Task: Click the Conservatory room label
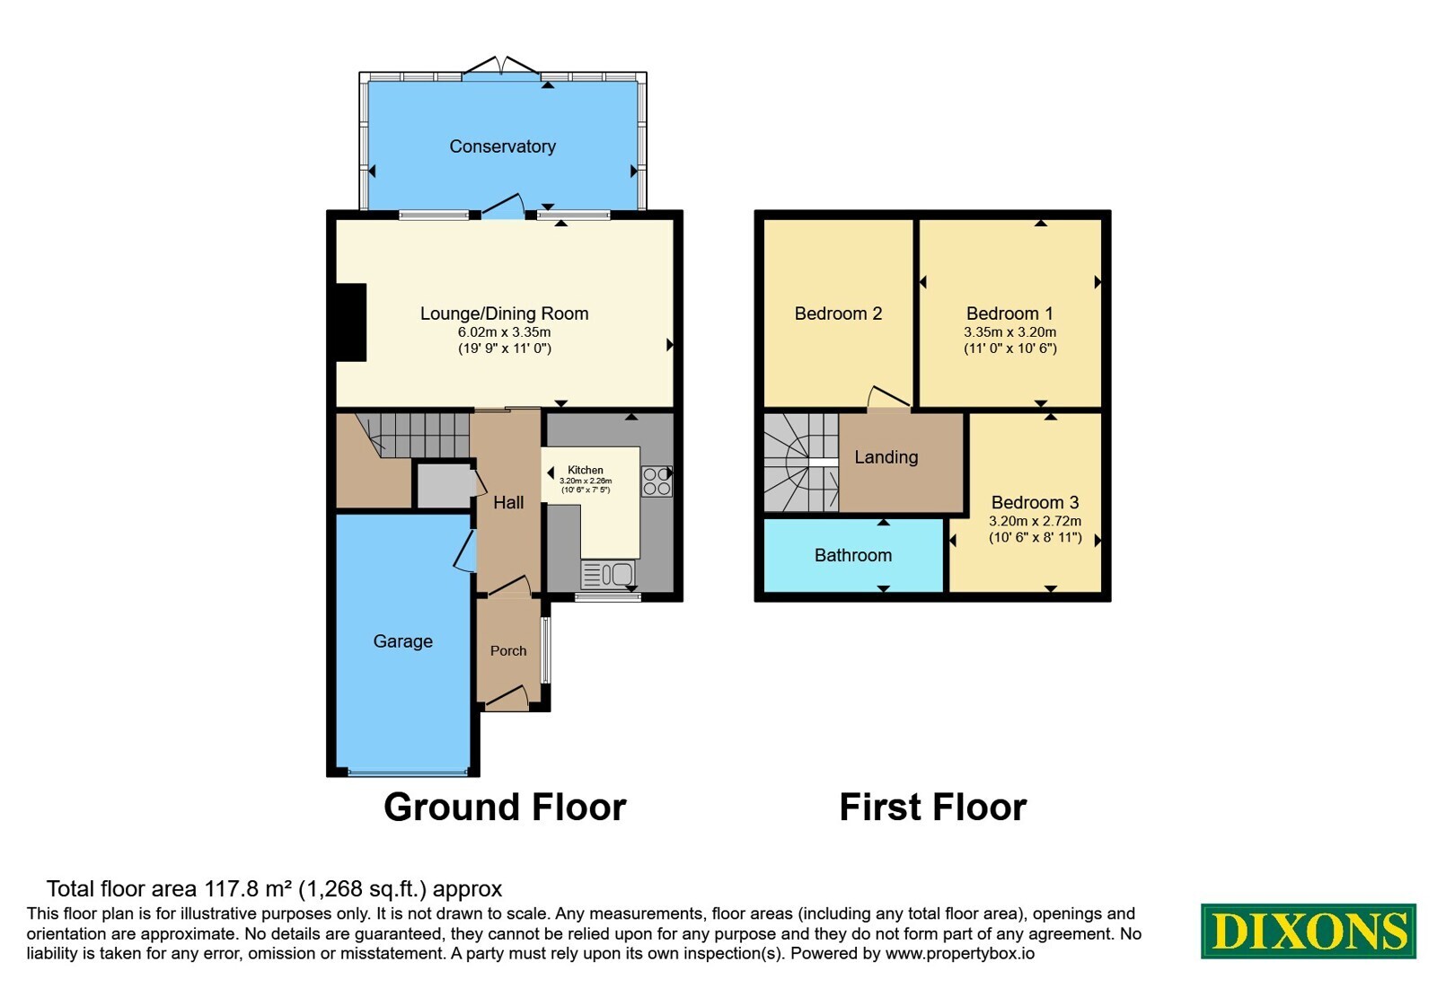[x=502, y=147]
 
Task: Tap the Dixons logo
[x=1308, y=931]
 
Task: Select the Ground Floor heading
[x=505, y=807]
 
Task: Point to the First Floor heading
[x=933, y=807]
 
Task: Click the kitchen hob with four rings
[x=657, y=481]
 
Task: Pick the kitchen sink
[x=607, y=574]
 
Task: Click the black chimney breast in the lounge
[x=351, y=322]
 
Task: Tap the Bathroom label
[x=853, y=556]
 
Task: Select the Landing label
[x=886, y=457]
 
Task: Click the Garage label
[x=403, y=641]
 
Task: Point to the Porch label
[x=508, y=651]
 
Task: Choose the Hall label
[x=508, y=502]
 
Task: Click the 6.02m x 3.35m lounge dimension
[x=504, y=332]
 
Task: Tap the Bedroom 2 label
[x=838, y=313]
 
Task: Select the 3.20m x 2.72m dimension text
[x=1035, y=522]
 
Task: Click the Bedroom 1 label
[x=1009, y=313]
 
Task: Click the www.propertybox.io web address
[x=960, y=953]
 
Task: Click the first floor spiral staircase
[x=801, y=463]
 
